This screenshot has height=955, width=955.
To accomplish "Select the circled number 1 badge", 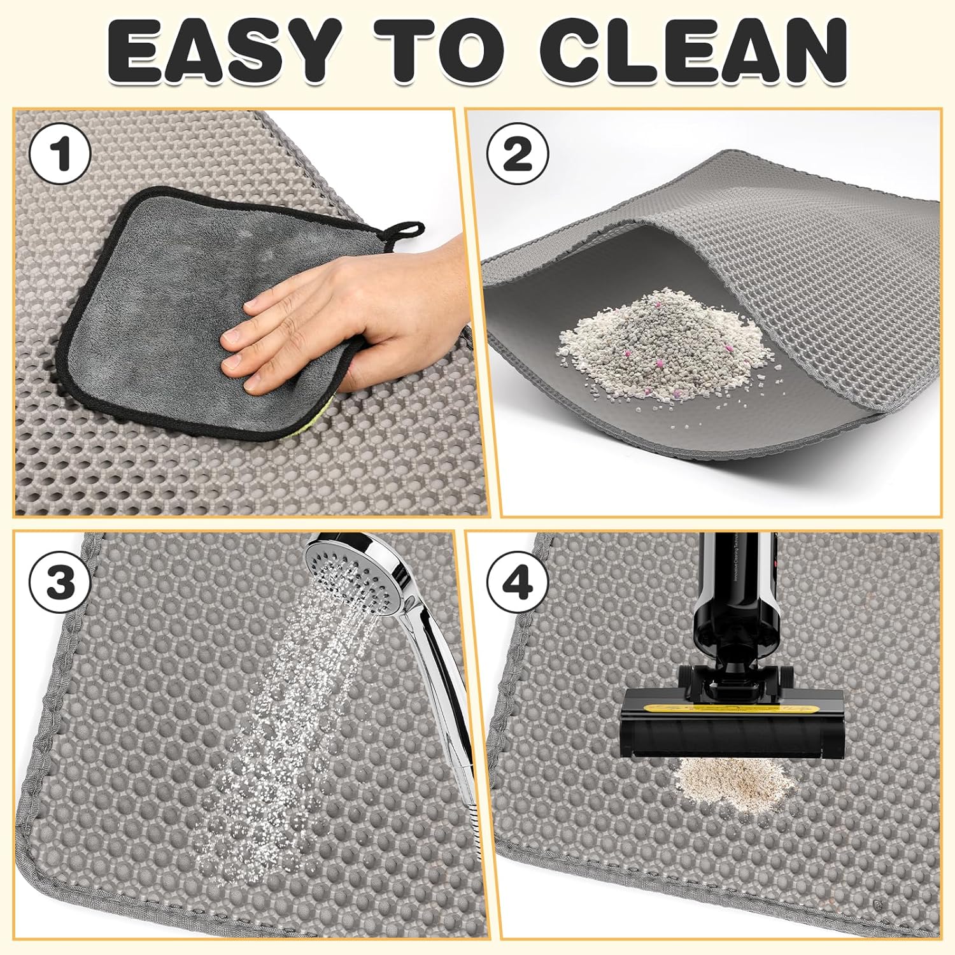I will point(60,155).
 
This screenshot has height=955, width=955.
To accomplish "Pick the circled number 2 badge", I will point(518,155).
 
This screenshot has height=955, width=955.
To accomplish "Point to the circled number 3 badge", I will point(60,583).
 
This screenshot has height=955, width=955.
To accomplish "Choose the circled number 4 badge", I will point(518,583).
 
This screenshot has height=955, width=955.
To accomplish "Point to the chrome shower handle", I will point(439,668).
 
